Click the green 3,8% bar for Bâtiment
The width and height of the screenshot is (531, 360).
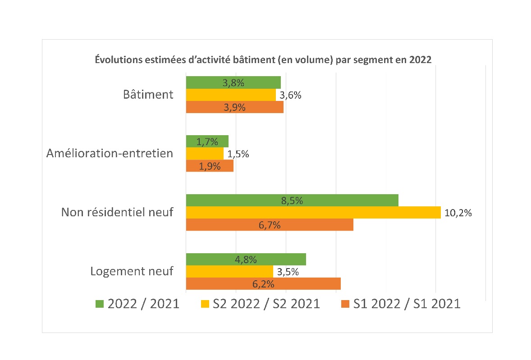pyautogui.click(x=233, y=82)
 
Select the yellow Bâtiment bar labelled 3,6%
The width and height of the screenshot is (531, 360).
pyautogui.click(x=230, y=95)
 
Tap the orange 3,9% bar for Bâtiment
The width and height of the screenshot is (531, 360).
pyautogui.click(x=234, y=107)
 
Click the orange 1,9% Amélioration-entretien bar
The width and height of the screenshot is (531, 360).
pyautogui.click(x=210, y=166)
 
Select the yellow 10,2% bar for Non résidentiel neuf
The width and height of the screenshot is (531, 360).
pyautogui.click(x=313, y=212)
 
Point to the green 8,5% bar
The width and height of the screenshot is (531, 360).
pyautogui.click(x=292, y=200)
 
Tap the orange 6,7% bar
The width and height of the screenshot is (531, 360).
pyautogui.click(x=270, y=224)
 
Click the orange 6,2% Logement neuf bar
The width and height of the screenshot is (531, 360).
pyautogui.click(x=263, y=283)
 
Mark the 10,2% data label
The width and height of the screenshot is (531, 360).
pyautogui.click(x=458, y=213)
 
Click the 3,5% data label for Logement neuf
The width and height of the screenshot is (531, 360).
pyautogui.click(x=288, y=272)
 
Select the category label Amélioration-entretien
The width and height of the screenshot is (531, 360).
pyautogui.click(x=110, y=153)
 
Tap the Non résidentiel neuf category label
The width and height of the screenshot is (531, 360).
pyautogui.click(x=117, y=212)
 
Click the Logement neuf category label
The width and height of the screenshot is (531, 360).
pyautogui.click(x=132, y=271)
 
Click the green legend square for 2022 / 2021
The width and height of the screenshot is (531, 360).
pyautogui.click(x=99, y=304)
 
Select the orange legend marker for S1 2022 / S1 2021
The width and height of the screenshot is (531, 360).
pyautogui.click(x=345, y=304)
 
